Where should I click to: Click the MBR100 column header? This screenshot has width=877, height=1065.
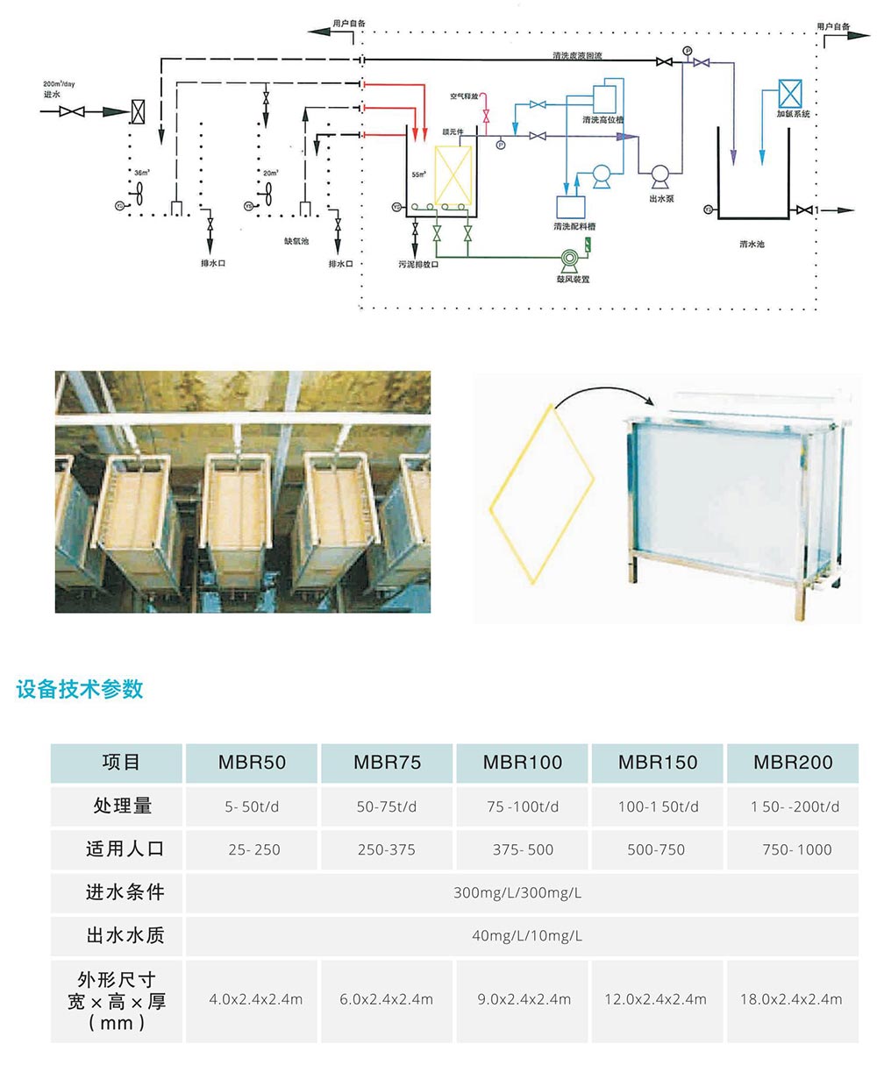(523, 763)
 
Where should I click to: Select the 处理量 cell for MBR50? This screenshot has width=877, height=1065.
(252, 806)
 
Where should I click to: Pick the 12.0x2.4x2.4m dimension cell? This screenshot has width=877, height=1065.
(656, 999)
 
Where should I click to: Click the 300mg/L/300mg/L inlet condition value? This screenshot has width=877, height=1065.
(517, 893)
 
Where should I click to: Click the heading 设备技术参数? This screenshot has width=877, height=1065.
(80, 690)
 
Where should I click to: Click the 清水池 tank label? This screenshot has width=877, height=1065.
(752, 244)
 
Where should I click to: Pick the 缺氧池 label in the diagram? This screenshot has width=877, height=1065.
(296, 240)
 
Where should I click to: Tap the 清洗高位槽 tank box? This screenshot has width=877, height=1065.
(604, 96)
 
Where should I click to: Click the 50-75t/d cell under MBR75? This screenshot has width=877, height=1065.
(387, 806)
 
